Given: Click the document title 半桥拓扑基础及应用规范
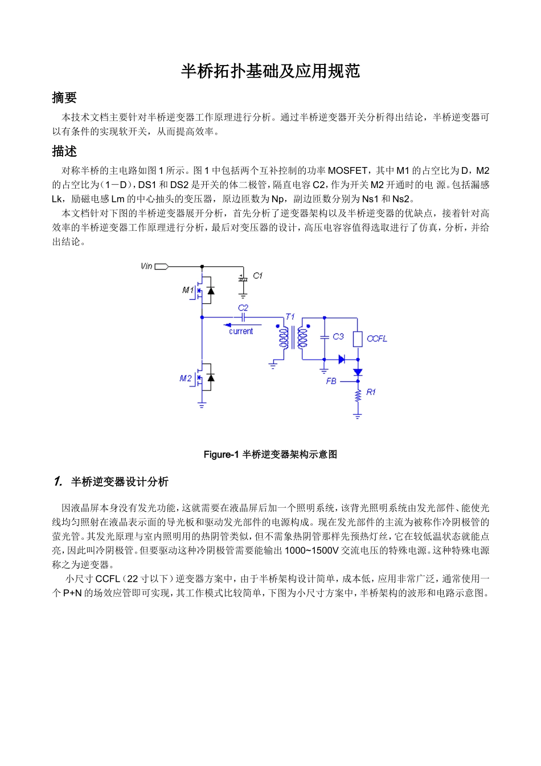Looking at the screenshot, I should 270,71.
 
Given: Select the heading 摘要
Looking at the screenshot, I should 64,97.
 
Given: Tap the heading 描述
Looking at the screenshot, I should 64,151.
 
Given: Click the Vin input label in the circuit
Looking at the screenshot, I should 146,266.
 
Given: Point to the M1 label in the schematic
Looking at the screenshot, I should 187,290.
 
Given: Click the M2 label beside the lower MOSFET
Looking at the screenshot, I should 186,378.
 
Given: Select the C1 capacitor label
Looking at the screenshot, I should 258,276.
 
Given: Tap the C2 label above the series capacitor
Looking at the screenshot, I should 243,308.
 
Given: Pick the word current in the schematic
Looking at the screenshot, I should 241,332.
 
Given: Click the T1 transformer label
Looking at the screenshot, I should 290,317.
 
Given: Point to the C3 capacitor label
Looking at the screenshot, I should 338,337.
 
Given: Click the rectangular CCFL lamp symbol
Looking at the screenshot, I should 358,339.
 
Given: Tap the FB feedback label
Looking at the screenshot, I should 331,381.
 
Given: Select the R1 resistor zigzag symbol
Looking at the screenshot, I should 358,395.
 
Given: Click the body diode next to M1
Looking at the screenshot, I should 211,291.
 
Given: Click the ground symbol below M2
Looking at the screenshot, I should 202,405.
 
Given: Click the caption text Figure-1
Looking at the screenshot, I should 221,454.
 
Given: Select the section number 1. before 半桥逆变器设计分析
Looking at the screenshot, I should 58,482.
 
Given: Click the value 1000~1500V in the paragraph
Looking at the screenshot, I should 312,550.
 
